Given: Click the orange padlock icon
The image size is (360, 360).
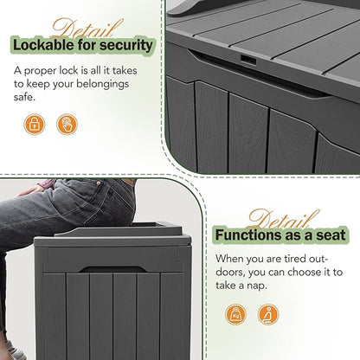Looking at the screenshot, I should pos(34,125).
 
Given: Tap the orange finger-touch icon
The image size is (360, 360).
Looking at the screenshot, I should pos(66,125).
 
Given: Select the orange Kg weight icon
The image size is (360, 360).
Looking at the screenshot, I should pos(235,314).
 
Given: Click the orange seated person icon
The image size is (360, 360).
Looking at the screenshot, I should pos(267,314).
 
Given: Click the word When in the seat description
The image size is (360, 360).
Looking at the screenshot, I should pos(228,259).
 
